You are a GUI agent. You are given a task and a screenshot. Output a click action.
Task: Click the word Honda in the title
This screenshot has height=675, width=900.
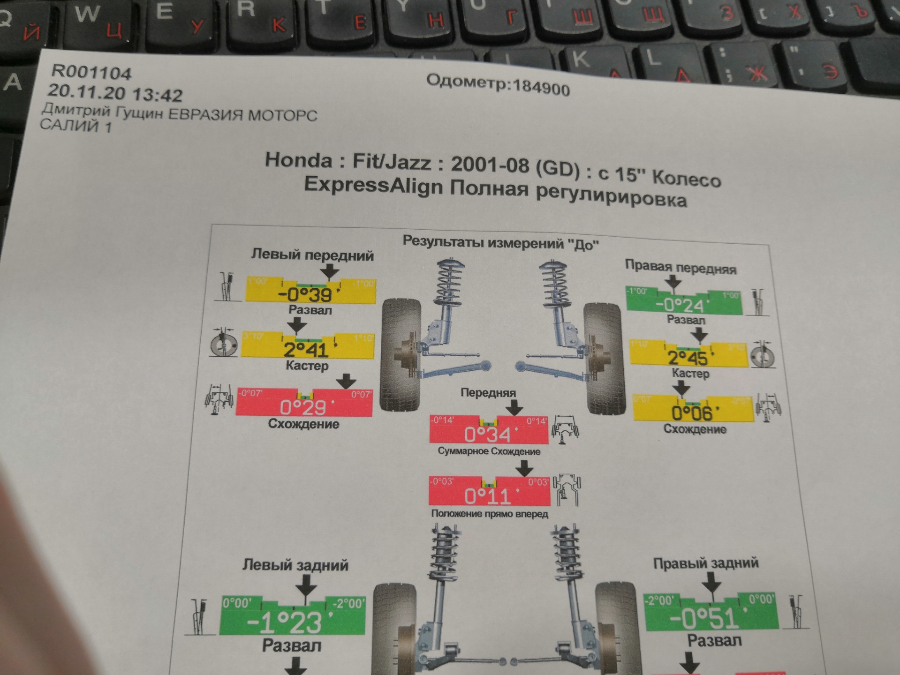pos(298,161)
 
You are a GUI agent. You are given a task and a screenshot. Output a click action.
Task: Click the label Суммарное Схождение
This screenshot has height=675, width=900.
pos(489,451)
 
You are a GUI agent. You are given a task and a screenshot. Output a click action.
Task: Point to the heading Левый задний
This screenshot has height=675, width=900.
pos(295,565)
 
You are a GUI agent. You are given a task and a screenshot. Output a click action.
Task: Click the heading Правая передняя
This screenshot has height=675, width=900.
pos(680,267)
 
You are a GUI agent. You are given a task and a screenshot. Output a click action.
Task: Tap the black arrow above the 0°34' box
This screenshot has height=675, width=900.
pos(514,406)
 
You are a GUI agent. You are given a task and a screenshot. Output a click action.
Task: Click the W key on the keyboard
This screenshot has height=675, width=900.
pos(87,14)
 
